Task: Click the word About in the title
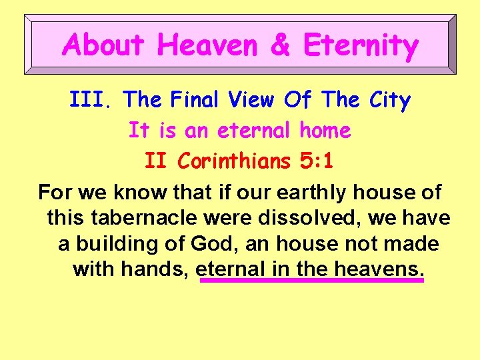coord(103,45)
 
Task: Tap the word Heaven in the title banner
coord(208,45)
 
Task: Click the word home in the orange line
coord(325,130)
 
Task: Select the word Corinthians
coord(235,161)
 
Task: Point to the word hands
coord(161,269)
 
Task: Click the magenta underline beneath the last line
coord(311,281)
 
